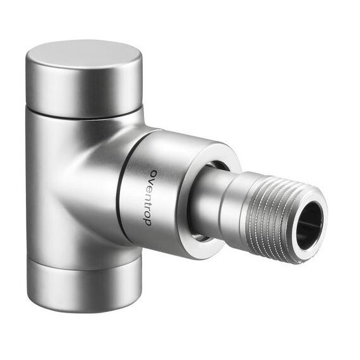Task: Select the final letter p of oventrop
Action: (148, 222)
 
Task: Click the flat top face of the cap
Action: (84, 54)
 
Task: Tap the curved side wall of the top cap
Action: (84, 92)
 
